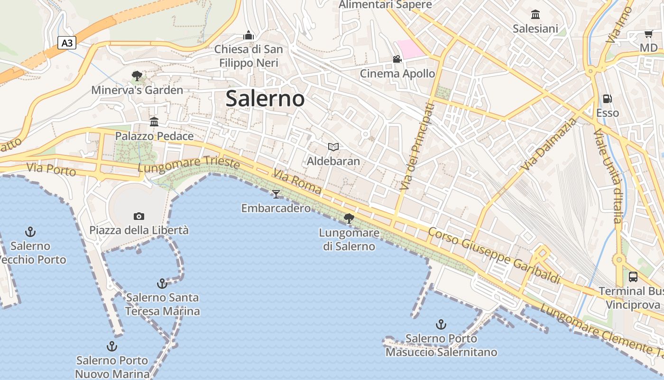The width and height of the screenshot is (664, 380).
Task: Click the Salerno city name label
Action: click(265, 98)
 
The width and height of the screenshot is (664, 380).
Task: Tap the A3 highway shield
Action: click(67, 43)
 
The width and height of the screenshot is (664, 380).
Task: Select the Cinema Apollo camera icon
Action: click(397, 59)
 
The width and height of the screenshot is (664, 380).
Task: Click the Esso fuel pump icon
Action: click(607, 99)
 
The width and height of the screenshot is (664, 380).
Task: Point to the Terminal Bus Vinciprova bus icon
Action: click(633, 276)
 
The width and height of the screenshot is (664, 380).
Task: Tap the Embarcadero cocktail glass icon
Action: click(276, 194)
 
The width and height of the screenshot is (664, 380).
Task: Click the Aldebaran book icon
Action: click(333, 147)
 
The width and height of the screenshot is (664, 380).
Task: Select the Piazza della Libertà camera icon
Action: click(138, 216)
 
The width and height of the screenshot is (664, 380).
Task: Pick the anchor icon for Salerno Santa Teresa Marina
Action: click(162, 284)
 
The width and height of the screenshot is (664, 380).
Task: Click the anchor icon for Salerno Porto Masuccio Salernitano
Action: click(441, 324)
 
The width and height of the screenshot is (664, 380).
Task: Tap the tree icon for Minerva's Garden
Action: click(137, 76)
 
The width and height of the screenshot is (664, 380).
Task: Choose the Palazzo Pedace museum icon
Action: click(154, 122)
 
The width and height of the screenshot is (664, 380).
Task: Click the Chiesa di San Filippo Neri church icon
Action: click(248, 35)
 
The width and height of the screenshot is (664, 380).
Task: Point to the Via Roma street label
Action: click(297, 182)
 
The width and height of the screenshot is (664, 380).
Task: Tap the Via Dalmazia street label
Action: click(549, 144)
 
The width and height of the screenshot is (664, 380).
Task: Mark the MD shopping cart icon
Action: click(648, 34)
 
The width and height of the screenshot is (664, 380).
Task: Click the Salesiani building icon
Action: click(535, 14)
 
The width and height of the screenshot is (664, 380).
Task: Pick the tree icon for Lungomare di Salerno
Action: click(349, 218)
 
